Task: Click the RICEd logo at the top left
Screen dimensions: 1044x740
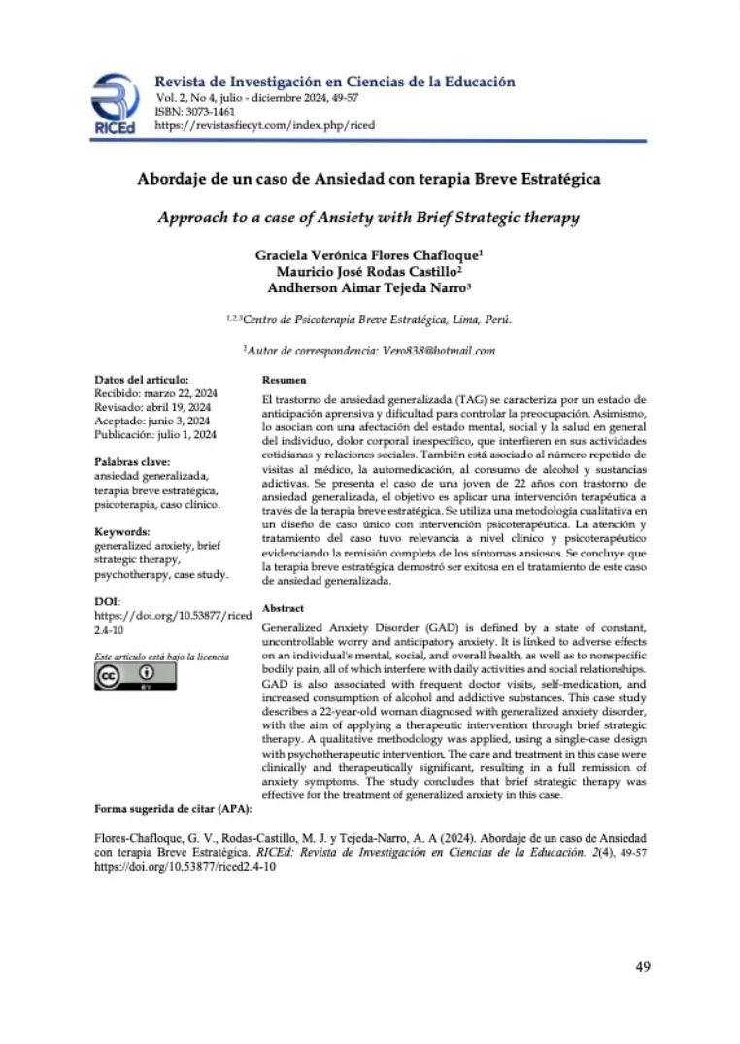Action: tap(115, 104)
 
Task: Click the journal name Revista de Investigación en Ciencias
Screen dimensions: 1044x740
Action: tap(335, 83)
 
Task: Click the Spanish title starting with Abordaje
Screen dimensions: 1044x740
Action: tap(369, 180)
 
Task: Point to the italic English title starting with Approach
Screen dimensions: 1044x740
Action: tap(369, 218)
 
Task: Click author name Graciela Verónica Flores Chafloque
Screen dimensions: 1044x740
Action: tap(369, 255)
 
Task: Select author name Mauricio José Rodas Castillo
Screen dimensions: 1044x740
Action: tap(369, 272)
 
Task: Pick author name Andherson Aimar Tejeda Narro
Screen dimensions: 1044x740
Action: tap(369, 287)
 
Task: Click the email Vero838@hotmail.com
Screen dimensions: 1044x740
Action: tap(423, 350)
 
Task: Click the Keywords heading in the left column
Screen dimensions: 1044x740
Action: tap(122, 532)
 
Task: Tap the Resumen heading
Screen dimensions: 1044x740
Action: tap(285, 380)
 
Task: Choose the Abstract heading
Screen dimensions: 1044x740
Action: tap(284, 607)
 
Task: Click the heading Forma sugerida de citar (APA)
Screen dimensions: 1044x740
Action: tap(173, 808)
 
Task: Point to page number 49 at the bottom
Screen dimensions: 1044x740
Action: tap(642, 966)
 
